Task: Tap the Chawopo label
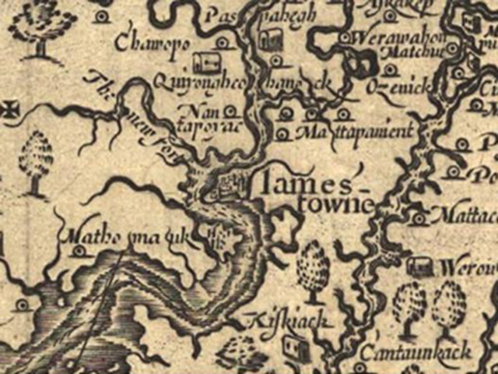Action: click(152, 43)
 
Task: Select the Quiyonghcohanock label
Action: click(241, 80)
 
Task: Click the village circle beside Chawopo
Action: click(223, 43)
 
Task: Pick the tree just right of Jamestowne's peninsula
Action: click(314, 269)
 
